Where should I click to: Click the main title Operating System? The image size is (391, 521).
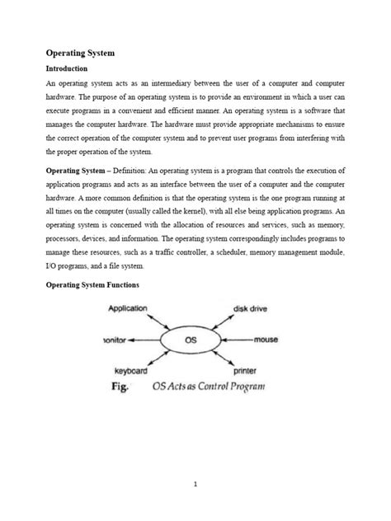click(79, 53)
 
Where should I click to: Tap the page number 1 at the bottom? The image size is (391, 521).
click(195, 485)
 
